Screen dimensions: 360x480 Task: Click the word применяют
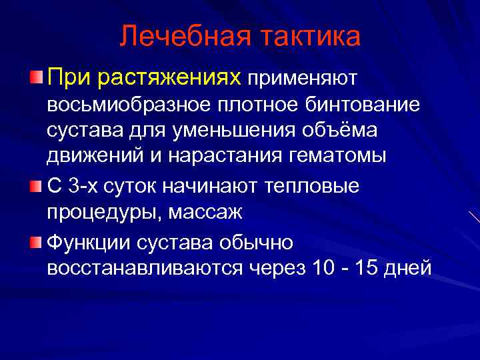click(x=303, y=80)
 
